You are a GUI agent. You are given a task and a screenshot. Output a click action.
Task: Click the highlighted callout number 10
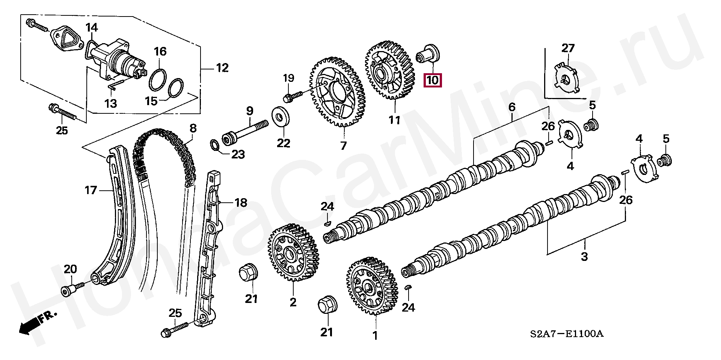(432, 80)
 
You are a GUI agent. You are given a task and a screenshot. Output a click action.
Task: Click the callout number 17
(91, 190)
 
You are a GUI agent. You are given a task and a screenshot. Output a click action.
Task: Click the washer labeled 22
(279, 116)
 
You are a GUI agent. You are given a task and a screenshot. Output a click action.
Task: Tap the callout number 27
(568, 48)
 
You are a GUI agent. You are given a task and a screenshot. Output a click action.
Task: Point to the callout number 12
(222, 68)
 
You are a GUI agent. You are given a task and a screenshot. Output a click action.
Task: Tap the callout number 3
(584, 257)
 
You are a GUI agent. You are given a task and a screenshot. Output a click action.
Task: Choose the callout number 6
(512, 107)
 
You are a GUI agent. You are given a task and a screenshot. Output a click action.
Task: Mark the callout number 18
(241, 203)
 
